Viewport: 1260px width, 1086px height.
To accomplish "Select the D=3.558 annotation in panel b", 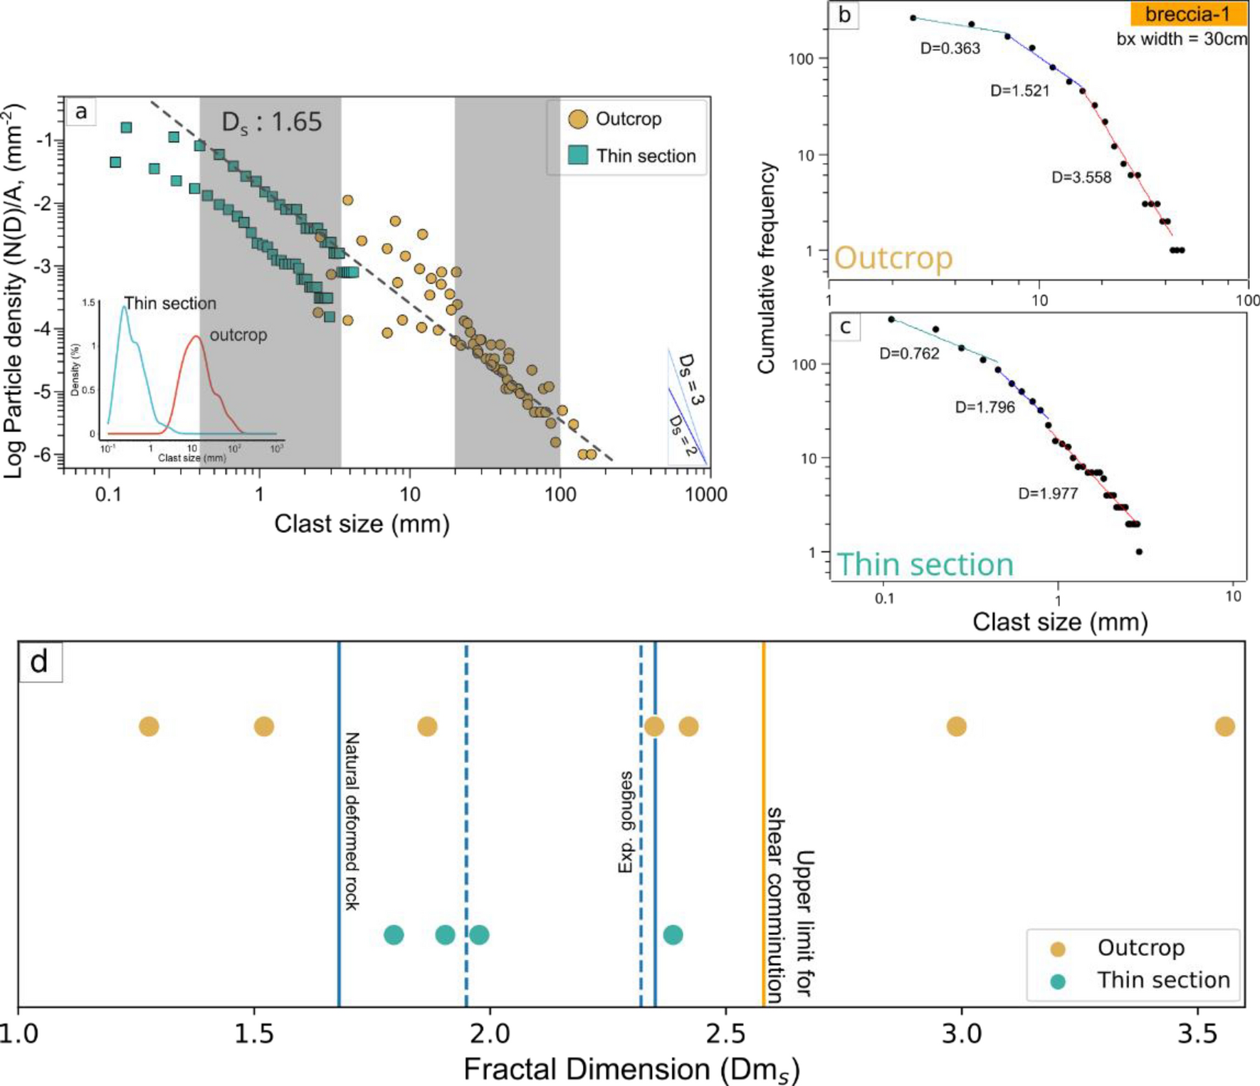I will [x=1081, y=177].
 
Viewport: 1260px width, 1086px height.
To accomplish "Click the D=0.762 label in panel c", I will [x=909, y=354].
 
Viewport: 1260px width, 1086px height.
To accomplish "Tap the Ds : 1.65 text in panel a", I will [x=271, y=122].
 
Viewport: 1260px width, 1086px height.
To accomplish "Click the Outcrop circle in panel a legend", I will [x=578, y=119].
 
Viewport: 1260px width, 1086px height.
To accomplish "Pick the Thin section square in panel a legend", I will [x=578, y=155].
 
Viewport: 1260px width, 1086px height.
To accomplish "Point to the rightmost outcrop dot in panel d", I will [x=1224, y=727].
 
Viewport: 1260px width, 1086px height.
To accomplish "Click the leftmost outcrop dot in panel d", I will [x=149, y=727].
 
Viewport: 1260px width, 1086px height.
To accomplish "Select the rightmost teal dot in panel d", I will [x=673, y=934].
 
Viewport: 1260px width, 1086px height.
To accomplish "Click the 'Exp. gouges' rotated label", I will [x=626, y=822].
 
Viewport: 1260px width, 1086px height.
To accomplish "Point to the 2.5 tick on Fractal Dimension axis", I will [x=725, y=1033].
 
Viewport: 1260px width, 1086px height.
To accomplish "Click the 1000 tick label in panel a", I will [x=705, y=494].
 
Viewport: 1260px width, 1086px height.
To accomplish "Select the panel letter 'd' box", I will [x=40, y=662].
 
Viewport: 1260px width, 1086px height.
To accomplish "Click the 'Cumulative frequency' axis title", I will [x=766, y=268].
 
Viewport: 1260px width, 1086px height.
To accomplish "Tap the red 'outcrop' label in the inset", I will [x=238, y=334].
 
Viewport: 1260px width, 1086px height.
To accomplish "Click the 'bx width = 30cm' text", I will [x=1181, y=38].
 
